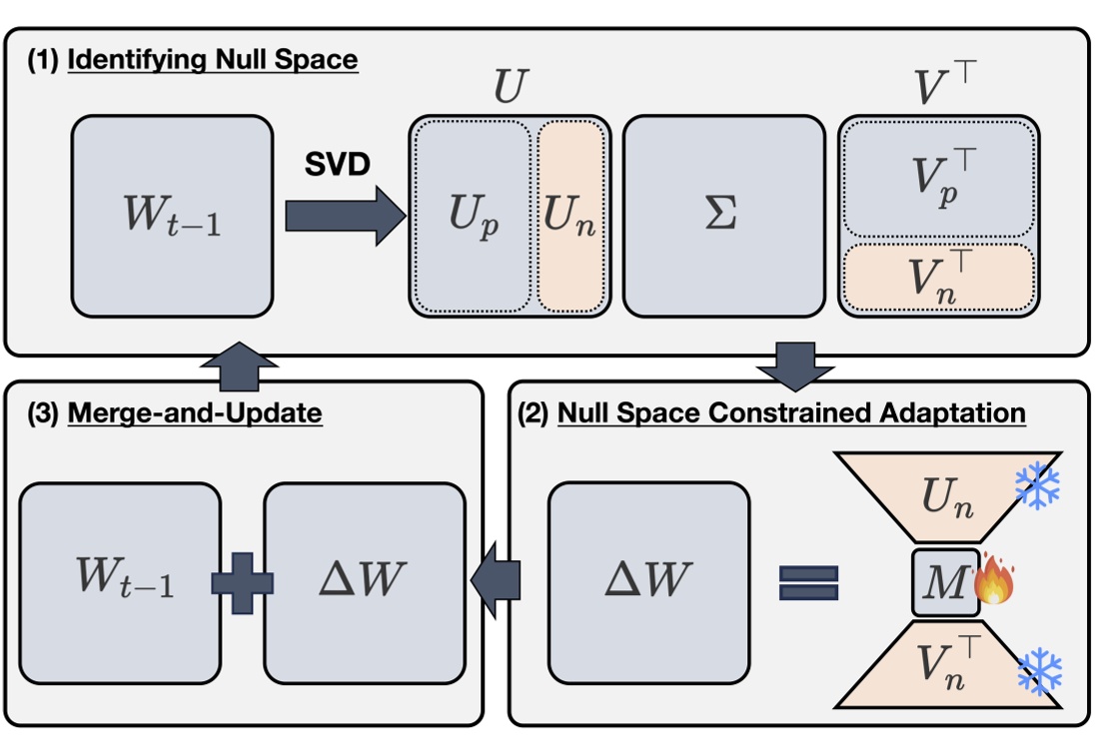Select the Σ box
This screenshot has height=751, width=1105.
(721, 216)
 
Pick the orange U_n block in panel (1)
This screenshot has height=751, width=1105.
(570, 216)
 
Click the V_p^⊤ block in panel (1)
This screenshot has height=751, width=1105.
(937, 180)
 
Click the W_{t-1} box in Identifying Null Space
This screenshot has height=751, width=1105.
(172, 216)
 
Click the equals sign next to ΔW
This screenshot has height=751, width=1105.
(807, 582)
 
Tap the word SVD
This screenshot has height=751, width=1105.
(338, 165)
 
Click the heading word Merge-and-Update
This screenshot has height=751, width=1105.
(195, 412)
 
